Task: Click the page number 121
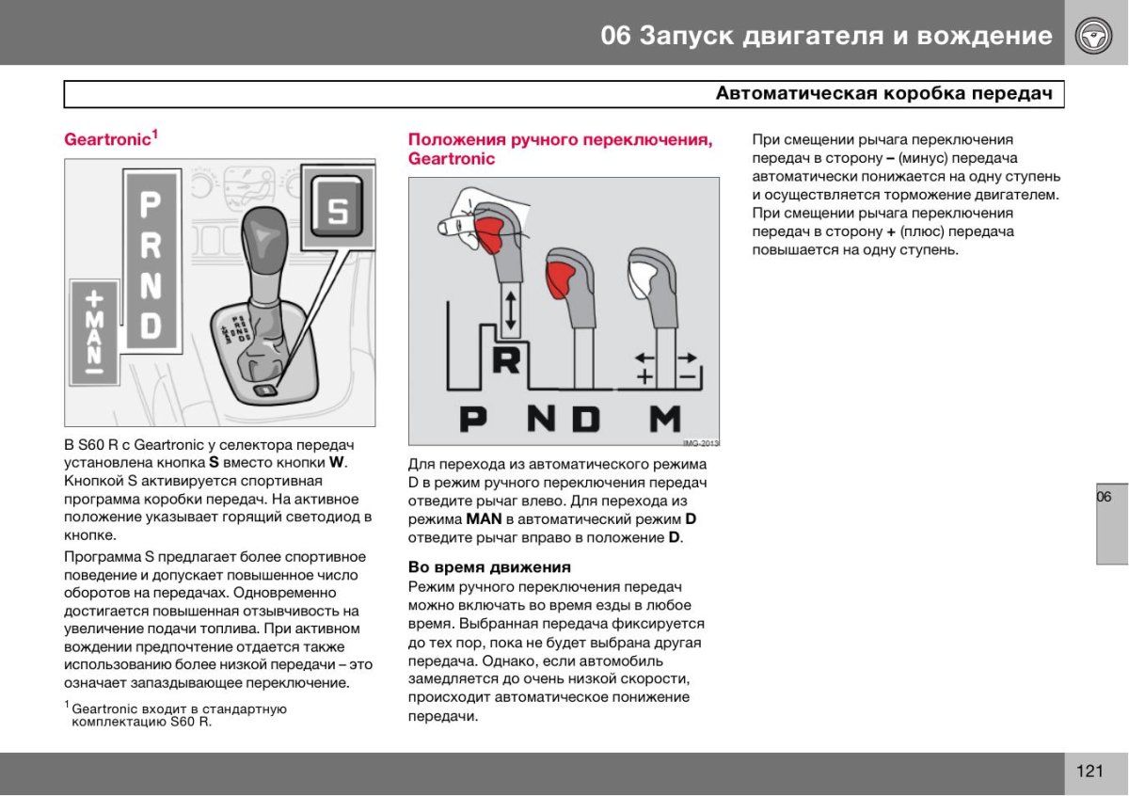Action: (x=1089, y=772)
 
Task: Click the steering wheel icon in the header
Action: (x=1095, y=37)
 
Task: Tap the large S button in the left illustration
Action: (x=336, y=210)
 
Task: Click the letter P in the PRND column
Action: (x=151, y=204)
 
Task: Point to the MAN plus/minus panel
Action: (x=94, y=332)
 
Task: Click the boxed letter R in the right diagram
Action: (x=506, y=360)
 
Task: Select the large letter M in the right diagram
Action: (x=664, y=417)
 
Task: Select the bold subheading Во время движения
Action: (x=489, y=567)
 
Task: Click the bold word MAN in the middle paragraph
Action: (x=484, y=519)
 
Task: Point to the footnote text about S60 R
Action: (x=179, y=715)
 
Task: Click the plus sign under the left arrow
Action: (x=645, y=376)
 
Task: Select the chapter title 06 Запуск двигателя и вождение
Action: (x=826, y=36)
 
